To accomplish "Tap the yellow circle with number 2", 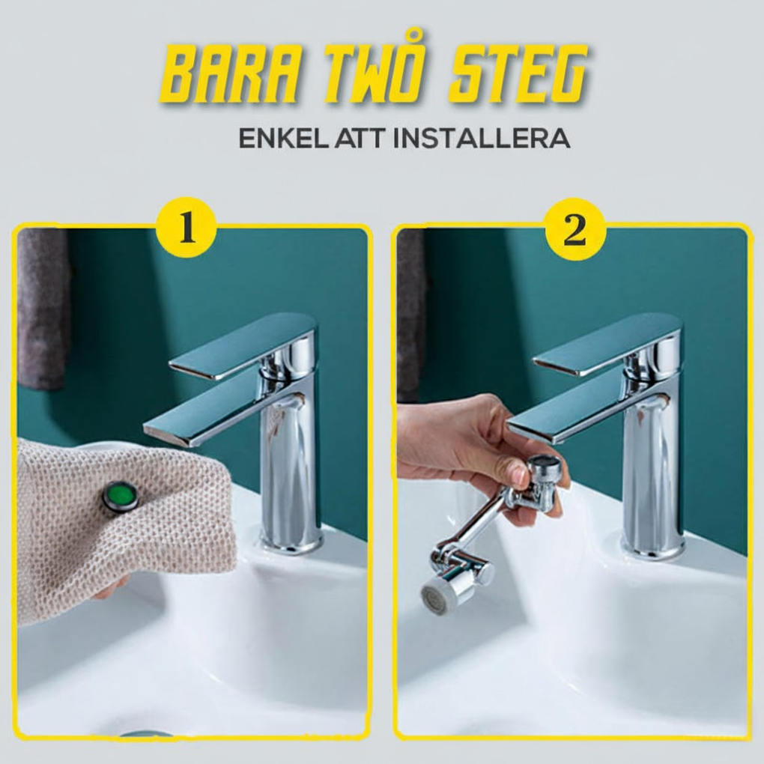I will (574, 229).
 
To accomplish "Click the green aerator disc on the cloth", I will (121, 497).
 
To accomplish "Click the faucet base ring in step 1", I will (291, 542).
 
